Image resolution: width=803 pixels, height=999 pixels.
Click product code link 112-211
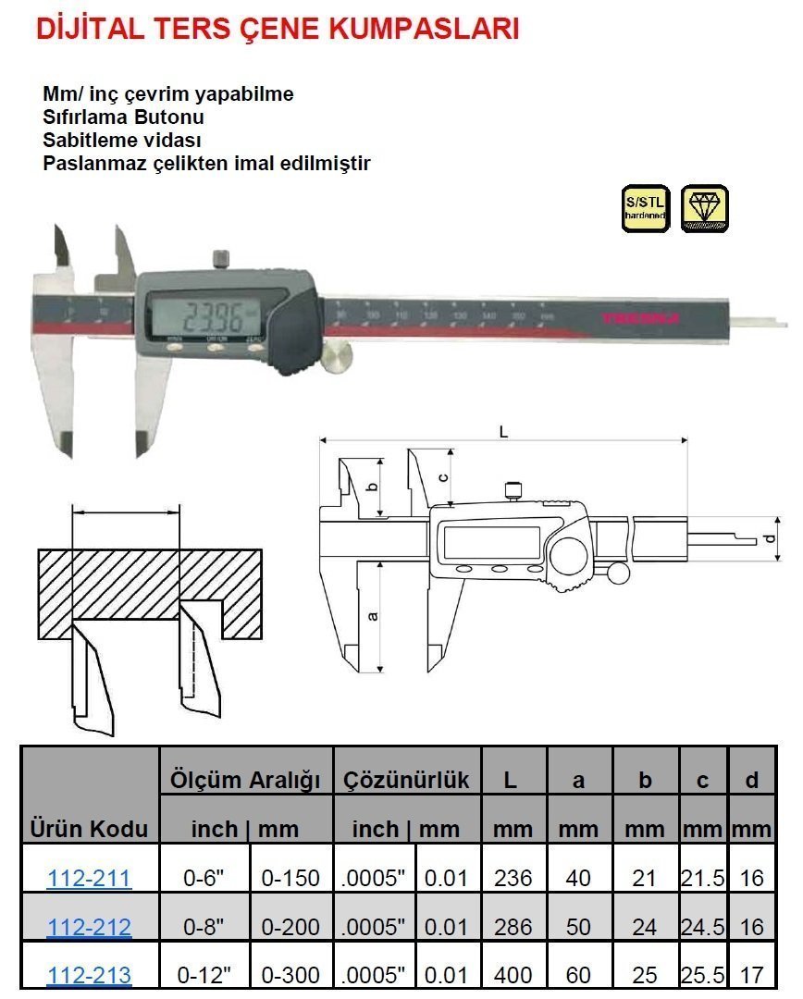[x=89, y=878]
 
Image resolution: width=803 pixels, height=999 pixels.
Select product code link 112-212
[x=89, y=927]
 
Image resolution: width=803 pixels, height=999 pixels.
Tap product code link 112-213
[x=89, y=975]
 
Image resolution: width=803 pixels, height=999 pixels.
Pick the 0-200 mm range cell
[x=291, y=927]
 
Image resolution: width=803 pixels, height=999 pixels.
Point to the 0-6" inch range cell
[x=201, y=878]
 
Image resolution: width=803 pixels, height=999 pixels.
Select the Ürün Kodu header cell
[x=89, y=828]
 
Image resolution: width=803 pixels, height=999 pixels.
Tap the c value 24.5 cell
[x=702, y=927]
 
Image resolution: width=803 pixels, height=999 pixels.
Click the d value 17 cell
[x=752, y=975]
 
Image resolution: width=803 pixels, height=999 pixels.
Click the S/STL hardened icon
[x=645, y=208]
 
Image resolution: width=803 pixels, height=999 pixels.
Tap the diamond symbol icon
[x=704, y=208]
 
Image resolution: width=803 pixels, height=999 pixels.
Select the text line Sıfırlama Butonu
[x=123, y=117]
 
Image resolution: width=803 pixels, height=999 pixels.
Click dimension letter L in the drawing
[x=502, y=431]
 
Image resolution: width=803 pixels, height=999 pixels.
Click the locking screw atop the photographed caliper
[x=221, y=258]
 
